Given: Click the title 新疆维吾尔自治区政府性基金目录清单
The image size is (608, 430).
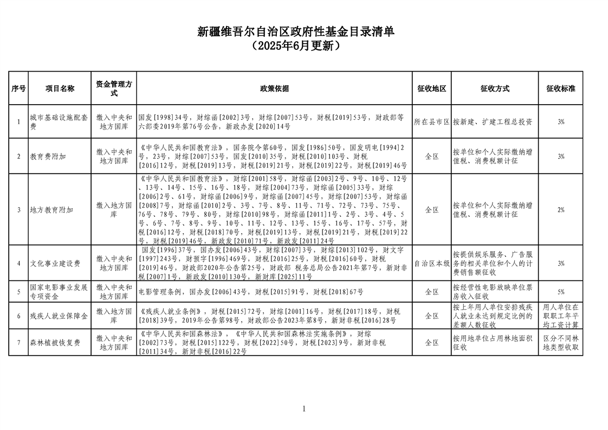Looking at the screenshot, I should click(x=303, y=33).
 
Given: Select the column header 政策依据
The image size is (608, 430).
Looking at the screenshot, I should click(x=274, y=88).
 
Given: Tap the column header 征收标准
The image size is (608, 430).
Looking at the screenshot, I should click(x=561, y=88).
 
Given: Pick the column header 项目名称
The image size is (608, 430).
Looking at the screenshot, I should click(x=60, y=88).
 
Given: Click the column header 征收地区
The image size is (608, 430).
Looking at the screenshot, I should click(x=431, y=88).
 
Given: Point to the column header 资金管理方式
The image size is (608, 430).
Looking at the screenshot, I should click(x=114, y=88).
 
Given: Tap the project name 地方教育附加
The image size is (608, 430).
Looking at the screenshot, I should click(x=51, y=209).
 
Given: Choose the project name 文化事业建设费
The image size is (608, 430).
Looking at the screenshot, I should click(x=55, y=263).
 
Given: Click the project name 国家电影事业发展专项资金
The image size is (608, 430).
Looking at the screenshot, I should click(x=59, y=292).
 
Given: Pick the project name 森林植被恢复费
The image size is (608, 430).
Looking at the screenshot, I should click(x=55, y=343).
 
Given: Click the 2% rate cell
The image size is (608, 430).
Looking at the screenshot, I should click(x=561, y=209).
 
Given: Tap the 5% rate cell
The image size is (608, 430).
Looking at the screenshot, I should click(x=561, y=292).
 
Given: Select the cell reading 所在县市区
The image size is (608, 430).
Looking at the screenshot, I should click(x=431, y=121).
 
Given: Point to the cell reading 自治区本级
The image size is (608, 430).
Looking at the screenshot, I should click(x=431, y=263).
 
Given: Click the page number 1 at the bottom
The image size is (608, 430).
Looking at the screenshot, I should click(x=304, y=409).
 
